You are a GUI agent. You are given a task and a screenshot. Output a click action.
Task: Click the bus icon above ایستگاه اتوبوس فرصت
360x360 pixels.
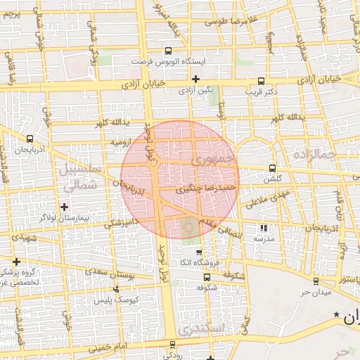point(167,51)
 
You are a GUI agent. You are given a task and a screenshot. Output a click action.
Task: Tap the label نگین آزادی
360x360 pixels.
point(195,91)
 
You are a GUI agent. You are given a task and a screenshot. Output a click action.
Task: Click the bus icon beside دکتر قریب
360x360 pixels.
point(262,81)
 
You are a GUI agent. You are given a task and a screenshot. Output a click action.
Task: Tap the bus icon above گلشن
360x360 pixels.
point(273,168)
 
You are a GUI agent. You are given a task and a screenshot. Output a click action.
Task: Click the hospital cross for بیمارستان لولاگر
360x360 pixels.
point(65,207)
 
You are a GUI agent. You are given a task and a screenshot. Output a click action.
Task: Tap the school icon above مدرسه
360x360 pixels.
point(264,228)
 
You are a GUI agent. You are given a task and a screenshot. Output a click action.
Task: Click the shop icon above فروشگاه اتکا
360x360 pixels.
point(198,252)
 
